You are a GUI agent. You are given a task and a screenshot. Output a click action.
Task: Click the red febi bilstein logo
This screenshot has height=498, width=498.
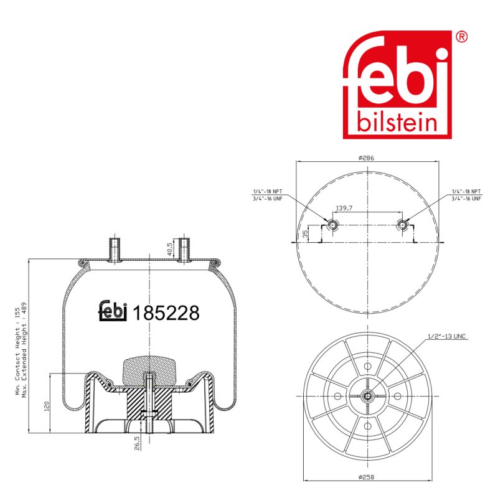click(397, 85)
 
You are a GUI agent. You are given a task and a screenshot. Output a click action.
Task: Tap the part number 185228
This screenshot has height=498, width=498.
click(166, 313)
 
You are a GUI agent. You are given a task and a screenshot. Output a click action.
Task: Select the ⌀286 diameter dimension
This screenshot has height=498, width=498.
click(366, 157)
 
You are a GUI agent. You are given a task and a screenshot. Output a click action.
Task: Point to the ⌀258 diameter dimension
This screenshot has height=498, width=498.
click(366, 477)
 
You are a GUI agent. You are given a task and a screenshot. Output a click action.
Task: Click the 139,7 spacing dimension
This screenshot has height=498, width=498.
click(344, 208)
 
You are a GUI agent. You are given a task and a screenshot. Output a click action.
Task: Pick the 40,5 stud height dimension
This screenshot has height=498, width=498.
click(169, 250)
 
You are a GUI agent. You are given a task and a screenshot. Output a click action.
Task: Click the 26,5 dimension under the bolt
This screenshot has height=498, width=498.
click(137, 443)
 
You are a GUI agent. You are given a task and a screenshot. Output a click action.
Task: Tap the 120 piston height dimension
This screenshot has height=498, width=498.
click(47, 406)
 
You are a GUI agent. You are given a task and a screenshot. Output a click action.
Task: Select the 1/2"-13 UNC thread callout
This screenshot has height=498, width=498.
click(446, 336)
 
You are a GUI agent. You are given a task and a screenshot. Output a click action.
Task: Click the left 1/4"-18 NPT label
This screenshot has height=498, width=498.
click(268, 191)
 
